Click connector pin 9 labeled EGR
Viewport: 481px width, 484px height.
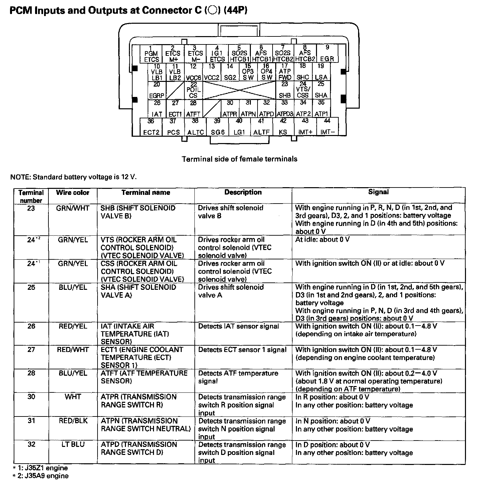coord(327,53)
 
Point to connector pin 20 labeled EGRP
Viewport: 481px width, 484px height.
coord(157,90)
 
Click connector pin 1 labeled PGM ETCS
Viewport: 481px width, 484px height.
coord(151,53)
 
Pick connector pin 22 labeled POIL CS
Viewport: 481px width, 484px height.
coord(194,90)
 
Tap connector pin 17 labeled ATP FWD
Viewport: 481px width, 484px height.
coord(285,72)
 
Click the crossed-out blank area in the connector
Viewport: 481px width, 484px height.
coord(239,90)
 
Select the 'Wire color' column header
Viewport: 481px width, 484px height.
coord(72,193)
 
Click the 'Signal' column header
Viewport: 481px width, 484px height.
coord(378,192)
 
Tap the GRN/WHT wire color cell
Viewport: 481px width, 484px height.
coord(72,208)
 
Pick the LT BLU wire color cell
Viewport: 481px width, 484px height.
coord(72,445)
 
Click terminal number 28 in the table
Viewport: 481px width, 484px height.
coord(31,373)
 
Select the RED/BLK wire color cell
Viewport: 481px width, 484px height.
coord(72,421)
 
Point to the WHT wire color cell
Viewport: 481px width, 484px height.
coord(72,397)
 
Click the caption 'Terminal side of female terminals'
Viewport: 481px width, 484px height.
coord(239,159)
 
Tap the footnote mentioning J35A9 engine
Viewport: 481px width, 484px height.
coord(40,476)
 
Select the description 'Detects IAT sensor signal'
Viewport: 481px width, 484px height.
coord(238,326)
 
